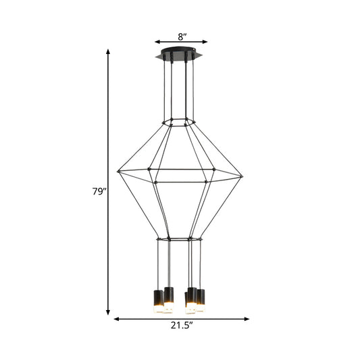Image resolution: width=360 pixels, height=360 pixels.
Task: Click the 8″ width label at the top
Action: click(x=180, y=37)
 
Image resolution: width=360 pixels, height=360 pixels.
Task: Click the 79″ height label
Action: click(x=99, y=191)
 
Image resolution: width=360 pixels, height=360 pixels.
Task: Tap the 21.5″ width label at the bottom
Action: click(x=181, y=326)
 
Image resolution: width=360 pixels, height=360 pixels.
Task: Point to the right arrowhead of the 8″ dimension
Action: click(x=205, y=41)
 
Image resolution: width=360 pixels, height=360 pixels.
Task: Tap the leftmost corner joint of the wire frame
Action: click(x=118, y=170)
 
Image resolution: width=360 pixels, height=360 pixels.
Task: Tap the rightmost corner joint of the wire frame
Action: click(x=241, y=178)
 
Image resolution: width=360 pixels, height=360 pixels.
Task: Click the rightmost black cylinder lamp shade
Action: click(x=201, y=299)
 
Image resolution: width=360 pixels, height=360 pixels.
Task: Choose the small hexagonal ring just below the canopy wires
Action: click(x=178, y=122)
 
